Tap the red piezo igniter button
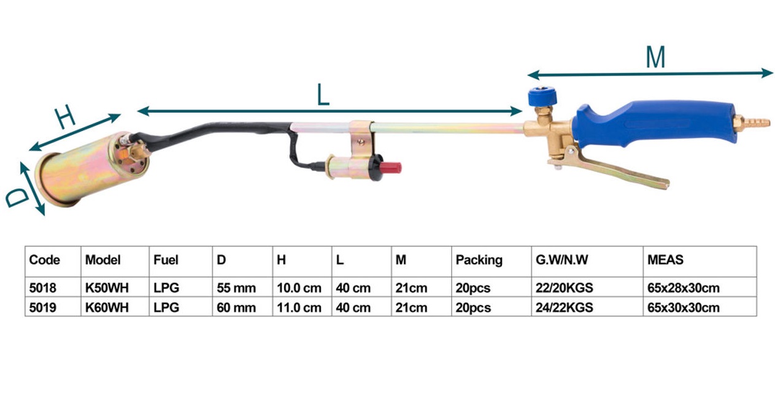click(x=391, y=167)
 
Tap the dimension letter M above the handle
click(x=655, y=58)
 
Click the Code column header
click(x=44, y=260)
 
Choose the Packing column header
click(x=479, y=260)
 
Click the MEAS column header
click(x=665, y=260)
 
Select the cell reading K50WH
click(x=107, y=288)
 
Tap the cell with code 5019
click(x=42, y=308)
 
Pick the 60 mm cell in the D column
click(x=236, y=308)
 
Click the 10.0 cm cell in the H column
click(x=299, y=288)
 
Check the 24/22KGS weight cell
click(x=564, y=308)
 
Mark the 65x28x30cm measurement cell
click(x=683, y=288)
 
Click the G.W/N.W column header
click(x=561, y=260)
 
